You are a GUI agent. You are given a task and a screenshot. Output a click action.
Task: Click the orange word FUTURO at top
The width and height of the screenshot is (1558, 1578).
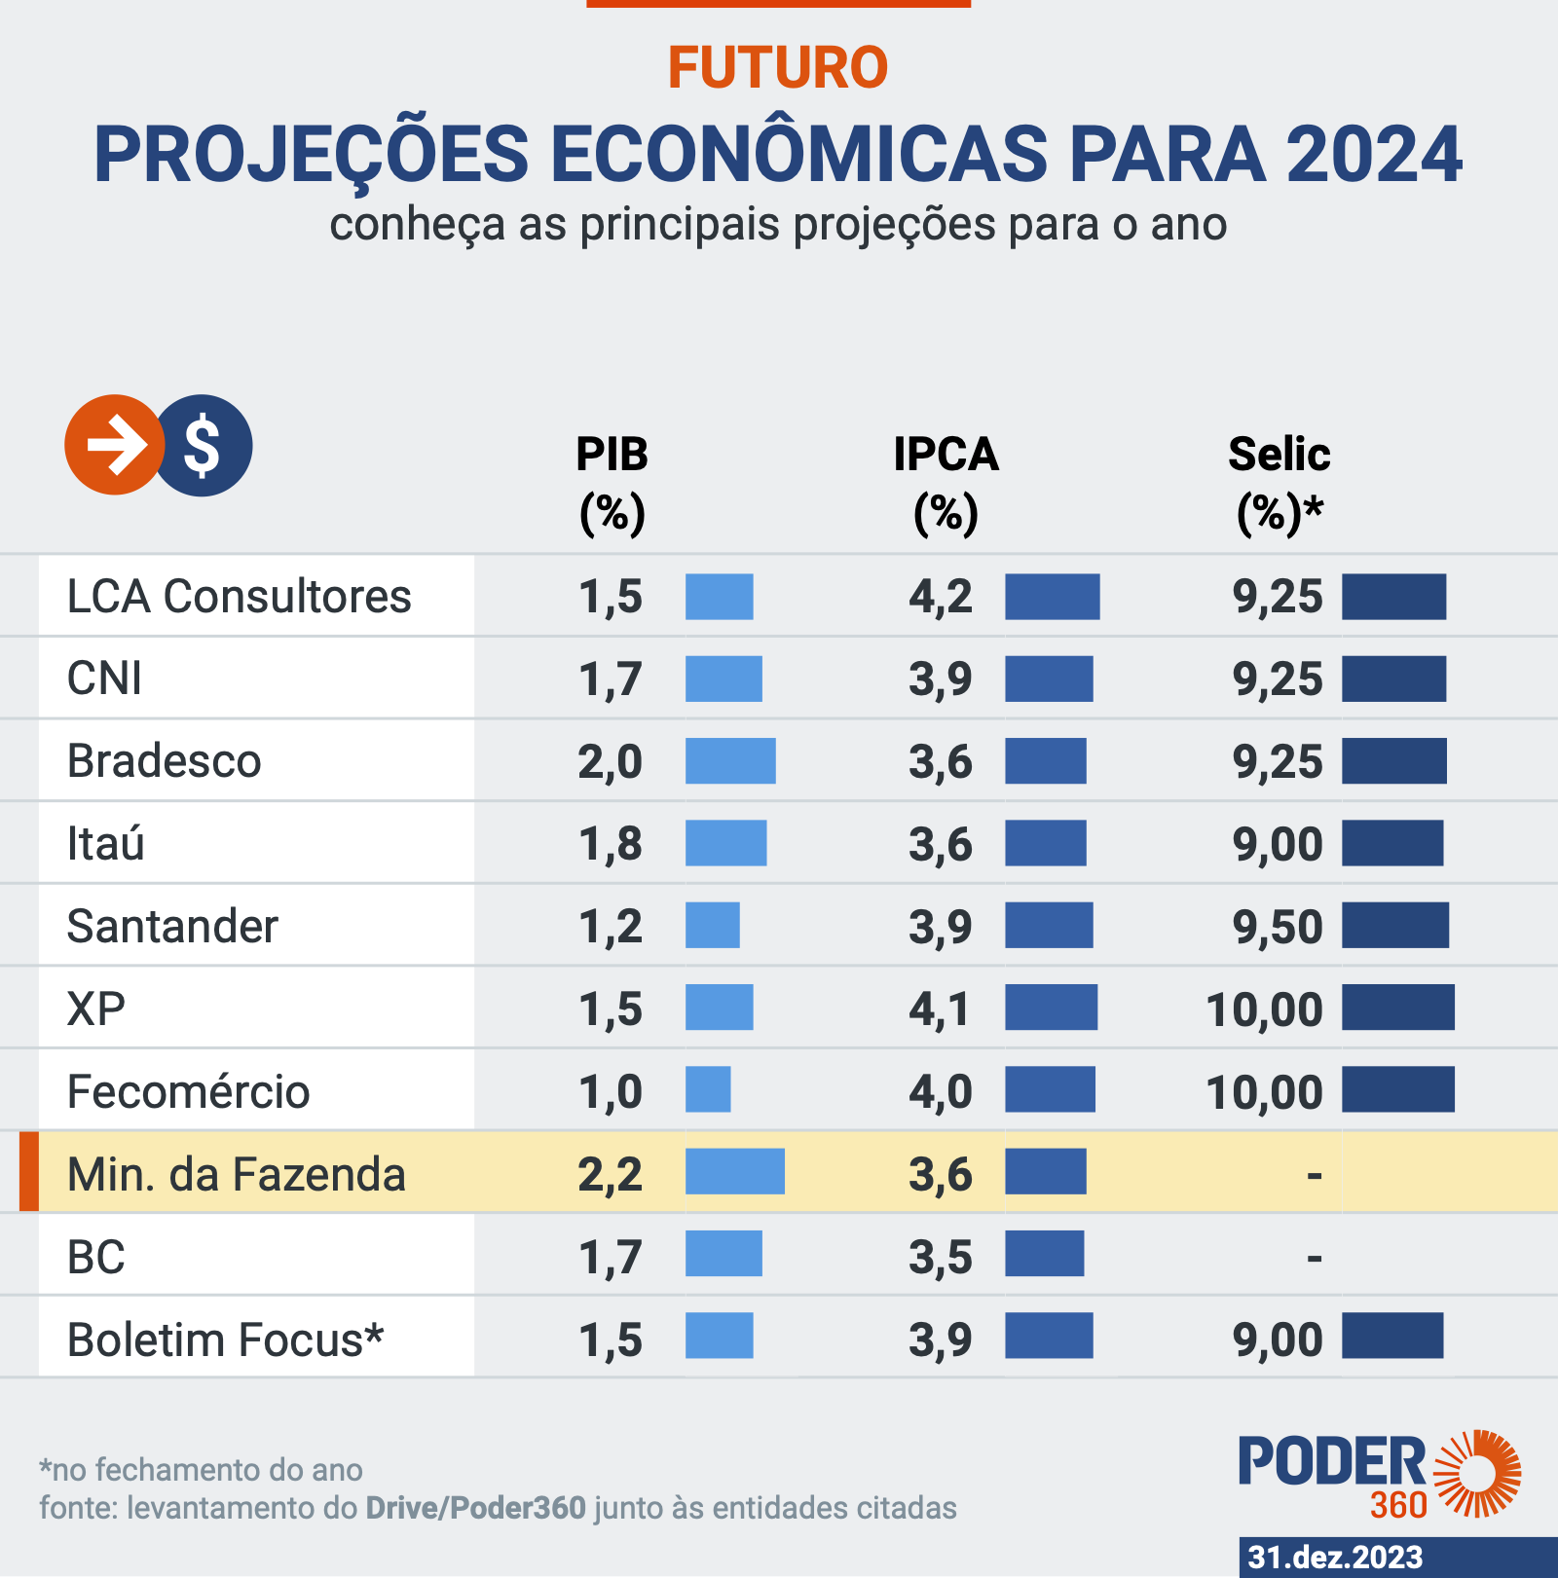[x=777, y=67]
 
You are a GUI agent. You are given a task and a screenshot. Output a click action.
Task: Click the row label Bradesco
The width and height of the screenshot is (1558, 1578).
[x=164, y=761]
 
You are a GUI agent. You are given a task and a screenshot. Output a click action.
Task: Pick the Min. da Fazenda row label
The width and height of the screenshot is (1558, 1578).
[x=236, y=1174]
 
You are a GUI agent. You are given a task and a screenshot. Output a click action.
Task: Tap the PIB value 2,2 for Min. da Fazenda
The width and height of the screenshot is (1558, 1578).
[x=610, y=1174]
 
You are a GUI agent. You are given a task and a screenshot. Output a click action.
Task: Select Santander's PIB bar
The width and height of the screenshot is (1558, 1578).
[x=712, y=925]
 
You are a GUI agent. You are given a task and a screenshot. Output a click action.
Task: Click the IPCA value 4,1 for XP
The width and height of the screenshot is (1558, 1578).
[x=940, y=1009]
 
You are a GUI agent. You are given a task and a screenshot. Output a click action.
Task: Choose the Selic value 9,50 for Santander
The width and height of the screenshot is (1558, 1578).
[x=1278, y=926]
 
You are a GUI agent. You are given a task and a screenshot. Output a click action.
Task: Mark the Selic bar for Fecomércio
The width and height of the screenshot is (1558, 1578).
[x=1397, y=1089]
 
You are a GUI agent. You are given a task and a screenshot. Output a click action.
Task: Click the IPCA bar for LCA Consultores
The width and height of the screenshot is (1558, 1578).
[x=1052, y=597]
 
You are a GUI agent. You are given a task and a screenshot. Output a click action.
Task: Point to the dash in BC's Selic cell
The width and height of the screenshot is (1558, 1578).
[x=1314, y=1259]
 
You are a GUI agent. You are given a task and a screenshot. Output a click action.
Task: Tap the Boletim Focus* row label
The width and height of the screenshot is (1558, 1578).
[x=225, y=1339]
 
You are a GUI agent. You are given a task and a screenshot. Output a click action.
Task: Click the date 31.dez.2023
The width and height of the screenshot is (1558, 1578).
[x=1335, y=1557]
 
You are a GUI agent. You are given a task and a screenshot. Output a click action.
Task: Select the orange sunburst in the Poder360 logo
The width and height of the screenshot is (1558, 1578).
[x=1478, y=1473]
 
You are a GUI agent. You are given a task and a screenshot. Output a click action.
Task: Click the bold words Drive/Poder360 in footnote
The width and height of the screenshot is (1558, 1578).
[x=475, y=1508]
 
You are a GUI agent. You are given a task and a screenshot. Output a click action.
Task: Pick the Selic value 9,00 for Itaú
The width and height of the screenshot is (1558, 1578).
[x=1278, y=844]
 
